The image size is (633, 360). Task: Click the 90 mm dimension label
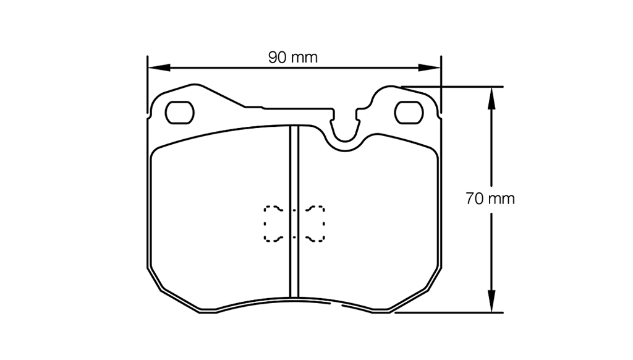coord(292,58)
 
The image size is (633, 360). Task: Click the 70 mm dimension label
coord(490,199)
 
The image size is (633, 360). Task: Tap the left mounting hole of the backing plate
coord(179,112)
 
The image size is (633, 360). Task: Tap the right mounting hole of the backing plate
coord(407,111)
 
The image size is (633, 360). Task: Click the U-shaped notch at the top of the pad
coord(346,133)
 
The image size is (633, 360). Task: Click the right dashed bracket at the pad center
coord(318,223)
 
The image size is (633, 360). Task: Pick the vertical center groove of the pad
coord(295,210)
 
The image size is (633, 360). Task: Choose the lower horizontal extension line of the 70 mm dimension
coord(451,312)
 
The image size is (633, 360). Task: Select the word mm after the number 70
coord(501,199)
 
